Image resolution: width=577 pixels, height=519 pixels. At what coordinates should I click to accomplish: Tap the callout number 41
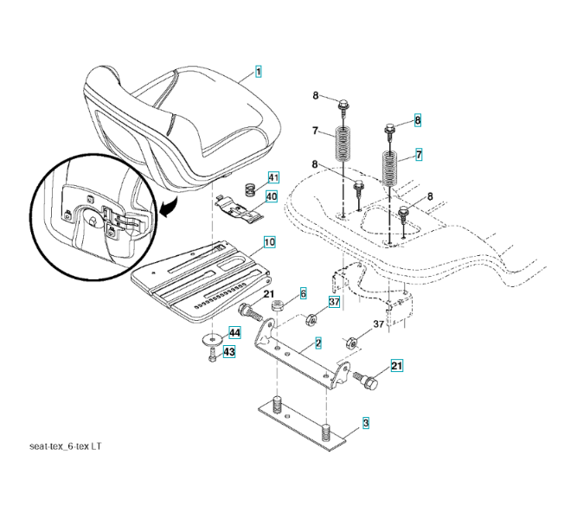[x=273, y=178]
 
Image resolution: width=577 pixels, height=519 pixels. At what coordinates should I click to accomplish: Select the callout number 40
[x=272, y=195]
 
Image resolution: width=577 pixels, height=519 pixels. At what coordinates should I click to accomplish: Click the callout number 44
[x=234, y=333]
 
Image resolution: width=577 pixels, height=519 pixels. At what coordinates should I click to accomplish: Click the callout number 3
[x=366, y=424]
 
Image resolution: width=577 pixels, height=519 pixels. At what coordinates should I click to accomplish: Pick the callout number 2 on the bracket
[x=318, y=343]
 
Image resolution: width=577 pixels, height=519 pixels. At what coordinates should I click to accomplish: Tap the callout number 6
[x=303, y=294]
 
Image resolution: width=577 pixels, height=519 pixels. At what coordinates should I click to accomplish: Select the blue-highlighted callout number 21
[x=397, y=367]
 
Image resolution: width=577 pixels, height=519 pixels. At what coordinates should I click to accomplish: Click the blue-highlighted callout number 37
[x=335, y=302]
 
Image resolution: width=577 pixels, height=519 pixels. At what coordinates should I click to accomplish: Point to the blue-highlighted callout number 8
[x=417, y=120]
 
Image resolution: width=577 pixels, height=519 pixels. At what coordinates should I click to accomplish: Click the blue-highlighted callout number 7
[x=419, y=156]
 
